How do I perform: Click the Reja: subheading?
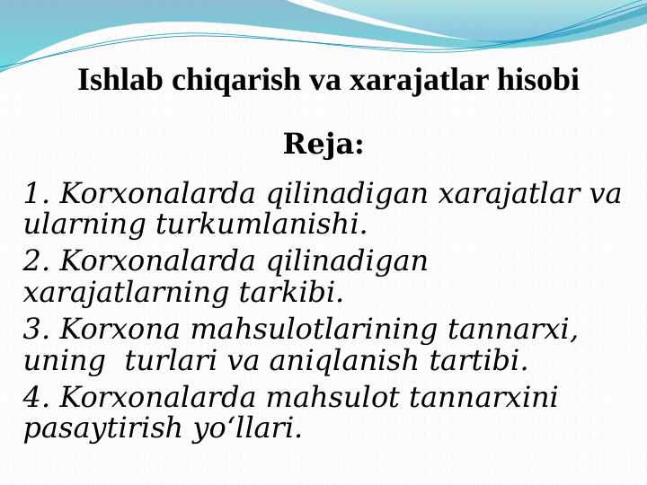(323, 145)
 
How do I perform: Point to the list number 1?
(35, 194)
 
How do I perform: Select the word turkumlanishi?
(261, 223)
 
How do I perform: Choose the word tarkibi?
(292, 292)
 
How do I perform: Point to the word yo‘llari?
(246, 429)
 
